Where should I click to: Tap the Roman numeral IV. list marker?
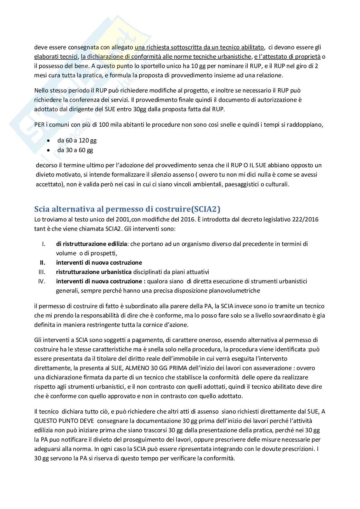click(x=41, y=281)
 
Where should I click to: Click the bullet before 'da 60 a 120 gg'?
click(x=49, y=141)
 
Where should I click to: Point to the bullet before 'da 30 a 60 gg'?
click(x=49, y=150)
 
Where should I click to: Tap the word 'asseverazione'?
click(x=270, y=368)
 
